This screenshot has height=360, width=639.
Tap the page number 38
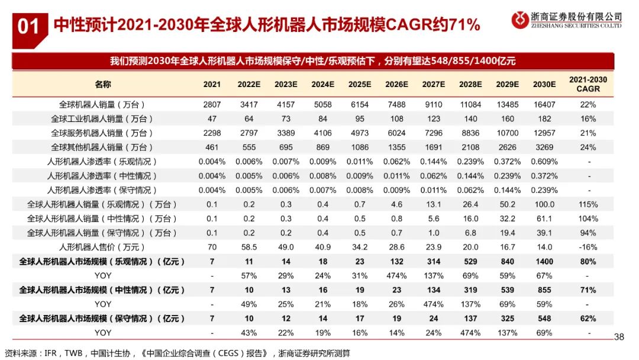pyautogui.click(x=619, y=337)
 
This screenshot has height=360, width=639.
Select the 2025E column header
pyautogui.click(x=359, y=85)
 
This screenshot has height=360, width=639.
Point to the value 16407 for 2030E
pyautogui.click(x=544, y=104)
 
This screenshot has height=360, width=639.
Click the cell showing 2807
pyautogui.click(x=212, y=104)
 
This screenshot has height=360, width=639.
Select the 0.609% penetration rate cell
pyautogui.click(x=544, y=161)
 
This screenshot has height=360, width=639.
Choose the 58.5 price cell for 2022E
pyautogui.click(x=248, y=247)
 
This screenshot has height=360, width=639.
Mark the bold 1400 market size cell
pyautogui.click(x=544, y=261)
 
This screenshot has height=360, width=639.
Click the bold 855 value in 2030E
pyautogui.click(x=544, y=290)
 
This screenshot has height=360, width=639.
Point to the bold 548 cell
pyautogui.click(x=544, y=319)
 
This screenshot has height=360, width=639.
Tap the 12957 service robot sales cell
pyautogui.click(x=544, y=133)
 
